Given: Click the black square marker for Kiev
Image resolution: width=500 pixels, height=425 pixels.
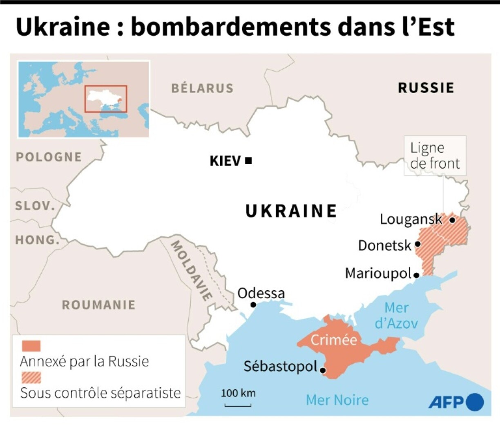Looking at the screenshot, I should coord(248,161).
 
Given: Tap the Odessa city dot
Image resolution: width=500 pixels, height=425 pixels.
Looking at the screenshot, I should coord(253,305).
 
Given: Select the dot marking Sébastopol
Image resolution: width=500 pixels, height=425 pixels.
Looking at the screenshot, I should coord(323,371).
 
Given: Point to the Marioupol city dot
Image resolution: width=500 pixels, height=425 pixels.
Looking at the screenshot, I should coord(416,276).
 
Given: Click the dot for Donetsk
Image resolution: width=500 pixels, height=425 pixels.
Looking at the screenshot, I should coord(417,244).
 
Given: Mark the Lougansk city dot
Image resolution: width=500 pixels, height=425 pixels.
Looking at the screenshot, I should coord(452,220).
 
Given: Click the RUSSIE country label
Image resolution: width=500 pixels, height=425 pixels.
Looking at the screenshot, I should coord(426,88).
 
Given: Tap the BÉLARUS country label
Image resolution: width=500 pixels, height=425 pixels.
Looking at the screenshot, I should coord(202,88).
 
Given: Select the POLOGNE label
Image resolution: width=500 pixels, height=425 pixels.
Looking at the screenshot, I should coord(49,157).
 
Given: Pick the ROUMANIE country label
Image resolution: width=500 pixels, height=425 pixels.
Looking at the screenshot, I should coord(98,305).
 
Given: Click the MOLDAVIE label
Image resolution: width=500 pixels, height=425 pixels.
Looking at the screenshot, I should coord(191,270).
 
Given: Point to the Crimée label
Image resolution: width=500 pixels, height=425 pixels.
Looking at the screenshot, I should coord(334,340).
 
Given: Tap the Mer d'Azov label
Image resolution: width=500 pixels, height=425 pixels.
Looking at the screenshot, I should coord(396,315).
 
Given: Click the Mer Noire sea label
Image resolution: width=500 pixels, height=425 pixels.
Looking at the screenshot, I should coord(337,400).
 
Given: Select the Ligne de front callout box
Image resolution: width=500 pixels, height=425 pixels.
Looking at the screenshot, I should coord(435,156).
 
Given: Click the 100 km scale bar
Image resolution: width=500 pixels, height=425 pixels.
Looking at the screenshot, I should coord(238,405).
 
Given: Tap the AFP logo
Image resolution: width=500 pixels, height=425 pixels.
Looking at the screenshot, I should coord(455,402).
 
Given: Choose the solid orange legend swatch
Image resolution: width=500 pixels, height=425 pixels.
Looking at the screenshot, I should coord(31,346).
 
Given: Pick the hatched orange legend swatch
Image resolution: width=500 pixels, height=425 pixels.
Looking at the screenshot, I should coord(31,378).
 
